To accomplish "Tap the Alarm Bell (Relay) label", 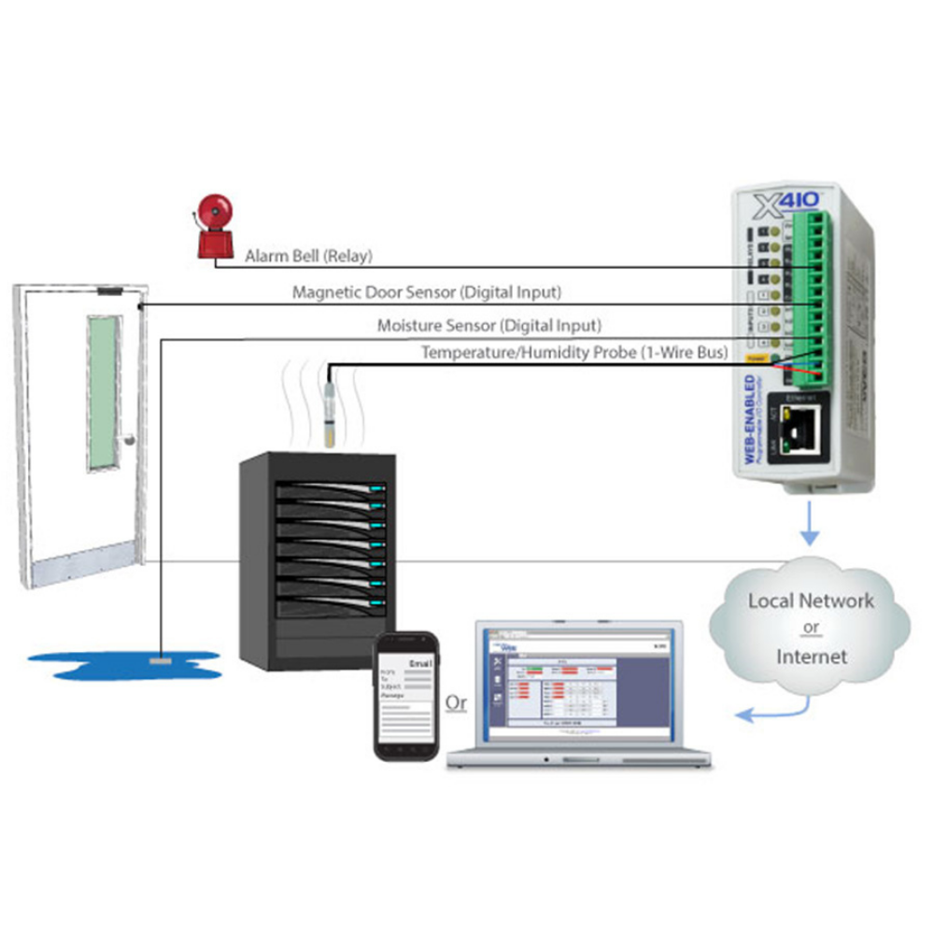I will point(308,255).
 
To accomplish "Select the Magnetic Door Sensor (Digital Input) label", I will point(427,292).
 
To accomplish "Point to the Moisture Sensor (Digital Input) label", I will point(489,326).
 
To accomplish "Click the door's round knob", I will point(130,439).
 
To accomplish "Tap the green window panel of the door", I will point(104,392).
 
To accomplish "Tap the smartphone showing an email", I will point(407,696).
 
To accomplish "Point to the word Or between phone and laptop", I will point(457,702).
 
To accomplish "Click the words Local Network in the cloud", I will point(811,601).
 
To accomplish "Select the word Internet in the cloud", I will point(811,657).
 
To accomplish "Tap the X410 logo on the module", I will point(778,201).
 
